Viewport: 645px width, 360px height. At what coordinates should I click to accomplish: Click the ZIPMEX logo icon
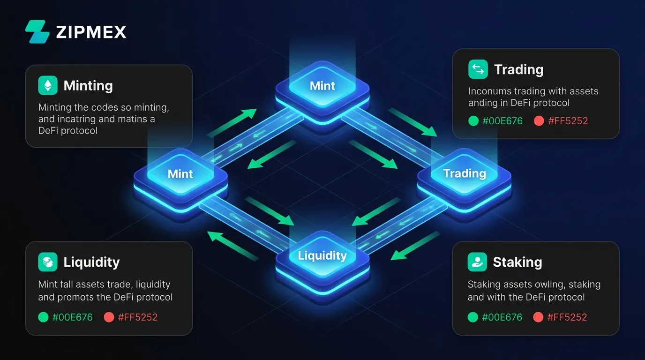(x=37, y=32)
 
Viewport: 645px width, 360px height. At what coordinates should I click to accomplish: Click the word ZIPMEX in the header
(x=91, y=32)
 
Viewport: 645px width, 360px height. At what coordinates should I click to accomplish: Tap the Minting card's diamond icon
(x=48, y=85)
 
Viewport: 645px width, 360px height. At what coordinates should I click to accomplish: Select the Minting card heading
(x=88, y=85)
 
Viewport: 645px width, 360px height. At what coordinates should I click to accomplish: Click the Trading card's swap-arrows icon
(x=478, y=69)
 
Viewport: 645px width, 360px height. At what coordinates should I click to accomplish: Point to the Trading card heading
(x=519, y=69)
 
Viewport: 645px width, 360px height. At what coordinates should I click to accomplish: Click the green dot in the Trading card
(x=473, y=121)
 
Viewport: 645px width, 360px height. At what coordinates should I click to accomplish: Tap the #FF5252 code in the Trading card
(x=568, y=121)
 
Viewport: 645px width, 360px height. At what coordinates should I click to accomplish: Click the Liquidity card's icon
(x=48, y=262)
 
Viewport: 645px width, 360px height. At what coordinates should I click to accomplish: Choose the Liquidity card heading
(x=91, y=262)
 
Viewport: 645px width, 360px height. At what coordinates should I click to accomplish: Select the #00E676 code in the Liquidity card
(x=73, y=317)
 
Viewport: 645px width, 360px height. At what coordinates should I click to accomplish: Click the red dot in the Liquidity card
(x=109, y=317)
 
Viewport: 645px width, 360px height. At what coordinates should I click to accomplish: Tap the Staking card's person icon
(x=477, y=262)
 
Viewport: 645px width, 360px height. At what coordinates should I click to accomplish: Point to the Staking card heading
(x=517, y=262)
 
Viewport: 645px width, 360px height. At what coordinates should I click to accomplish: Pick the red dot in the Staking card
(x=538, y=317)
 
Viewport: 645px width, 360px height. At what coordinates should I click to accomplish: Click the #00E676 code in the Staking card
(x=502, y=317)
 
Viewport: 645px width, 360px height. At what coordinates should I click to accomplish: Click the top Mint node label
(x=322, y=86)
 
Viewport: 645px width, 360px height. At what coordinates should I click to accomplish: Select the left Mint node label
(x=180, y=174)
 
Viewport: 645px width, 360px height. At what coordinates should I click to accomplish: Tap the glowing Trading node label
(x=465, y=173)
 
